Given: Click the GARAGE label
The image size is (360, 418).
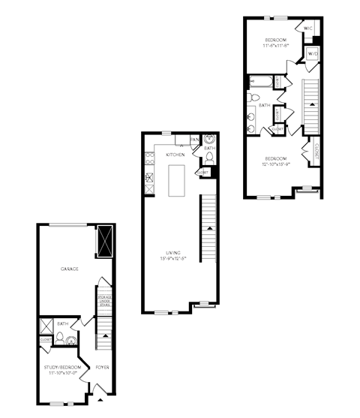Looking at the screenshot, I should tap(70, 268).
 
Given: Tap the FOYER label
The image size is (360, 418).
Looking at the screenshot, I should tap(103, 367).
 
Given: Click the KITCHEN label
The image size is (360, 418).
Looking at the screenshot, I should tap(175, 155).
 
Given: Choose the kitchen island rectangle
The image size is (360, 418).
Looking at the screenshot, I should tap(178, 181).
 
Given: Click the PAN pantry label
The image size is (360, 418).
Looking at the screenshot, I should tap(194, 140).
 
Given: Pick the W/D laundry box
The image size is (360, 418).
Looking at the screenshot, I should tap(313, 54).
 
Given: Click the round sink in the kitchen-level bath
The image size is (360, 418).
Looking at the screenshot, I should tap(208, 139).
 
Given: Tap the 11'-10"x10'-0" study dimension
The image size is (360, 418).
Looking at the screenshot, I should tap(62, 372).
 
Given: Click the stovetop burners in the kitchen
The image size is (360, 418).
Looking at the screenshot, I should tap(148, 179).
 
